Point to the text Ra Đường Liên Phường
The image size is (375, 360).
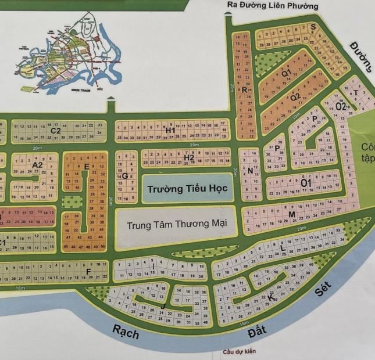pyautogui.click(x=273, y=6)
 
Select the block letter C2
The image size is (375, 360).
pyautogui.click(x=56, y=131)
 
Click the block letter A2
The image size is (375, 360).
pyautogui.click(x=38, y=165)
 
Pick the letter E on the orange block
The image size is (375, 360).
pyautogui.click(x=87, y=167)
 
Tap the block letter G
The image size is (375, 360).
pyautogui.click(x=124, y=176)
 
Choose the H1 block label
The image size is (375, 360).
pyautogui.click(x=170, y=131)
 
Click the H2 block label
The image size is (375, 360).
pyautogui.click(x=188, y=158)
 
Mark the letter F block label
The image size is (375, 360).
pyautogui.click(x=88, y=271)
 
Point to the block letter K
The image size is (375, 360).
pyautogui.click(x=270, y=297)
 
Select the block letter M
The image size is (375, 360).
pyautogui.click(x=292, y=215)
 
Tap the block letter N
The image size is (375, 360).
pyautogui.click(x=249, y=171)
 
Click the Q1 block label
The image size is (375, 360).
pyautogui.click(x=286, y=74)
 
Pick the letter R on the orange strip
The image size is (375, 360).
pyautogui.click(x=244, y=90)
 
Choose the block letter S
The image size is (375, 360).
pyautogui.click(x=313, y=27)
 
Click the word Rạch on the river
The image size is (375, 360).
pyautogui.click(x=126, y=333)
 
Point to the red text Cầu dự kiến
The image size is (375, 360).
pyautogui.click(x=238, y=352)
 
